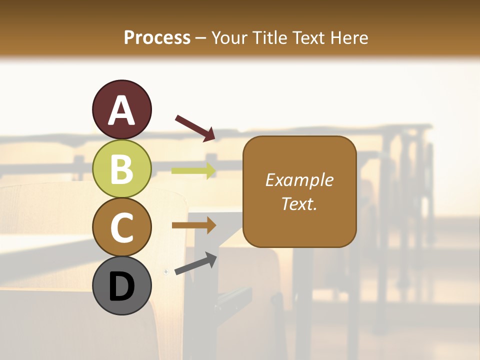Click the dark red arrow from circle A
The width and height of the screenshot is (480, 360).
[195, 128]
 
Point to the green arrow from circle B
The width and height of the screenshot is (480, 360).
[193, 170]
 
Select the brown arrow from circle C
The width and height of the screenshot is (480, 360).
[193, 225]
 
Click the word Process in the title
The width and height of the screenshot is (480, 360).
[157, 37]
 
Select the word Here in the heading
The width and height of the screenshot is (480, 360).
[350, 37]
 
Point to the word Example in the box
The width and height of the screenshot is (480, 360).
[299, 180]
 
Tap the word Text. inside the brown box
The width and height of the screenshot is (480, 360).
[299, 203]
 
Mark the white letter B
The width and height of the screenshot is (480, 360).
[122, 169]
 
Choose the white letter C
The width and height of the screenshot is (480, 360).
[122, 228]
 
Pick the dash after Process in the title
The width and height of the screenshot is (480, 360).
[200, 38]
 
